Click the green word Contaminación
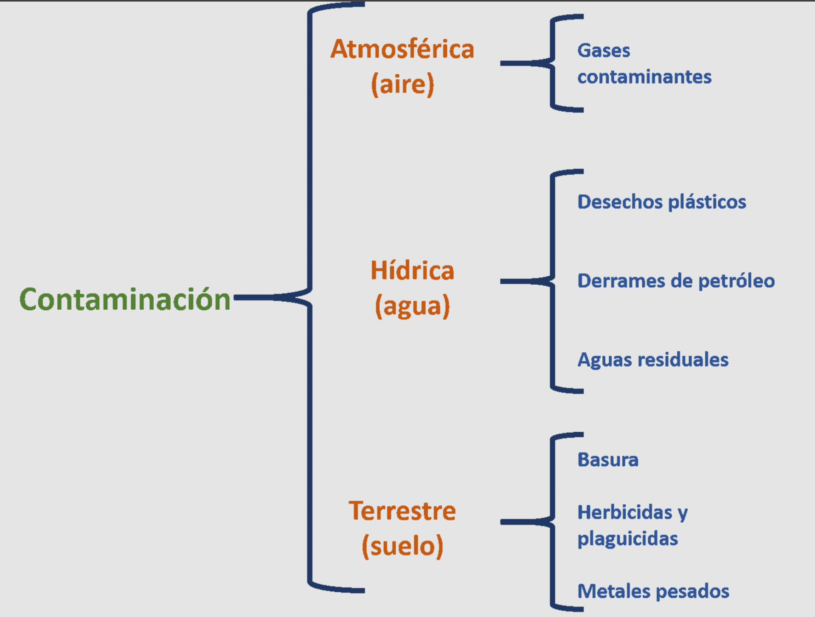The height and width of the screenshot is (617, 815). click(x=125, y=300)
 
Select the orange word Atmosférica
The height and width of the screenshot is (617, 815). click(x=402, y=49)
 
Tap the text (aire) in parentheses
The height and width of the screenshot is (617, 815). click(x=402, y=84)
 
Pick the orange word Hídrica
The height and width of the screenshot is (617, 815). click(x=412, y=271)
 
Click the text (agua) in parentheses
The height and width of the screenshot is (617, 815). click(x=412, y=306)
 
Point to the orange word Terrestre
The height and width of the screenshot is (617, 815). click(x=402, y=511)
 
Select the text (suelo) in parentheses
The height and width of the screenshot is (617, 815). click(x=402, y=546)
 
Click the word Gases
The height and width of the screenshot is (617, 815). click(x=604, y=51)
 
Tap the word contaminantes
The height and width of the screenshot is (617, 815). click(x=644, y=77)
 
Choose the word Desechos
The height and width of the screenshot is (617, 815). click(x=620, y=202)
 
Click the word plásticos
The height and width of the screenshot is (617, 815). click(x=707, y=202)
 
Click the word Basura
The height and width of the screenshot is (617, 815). click(x=608, y=460)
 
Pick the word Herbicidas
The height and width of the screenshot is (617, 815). click(x=625, y=512)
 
